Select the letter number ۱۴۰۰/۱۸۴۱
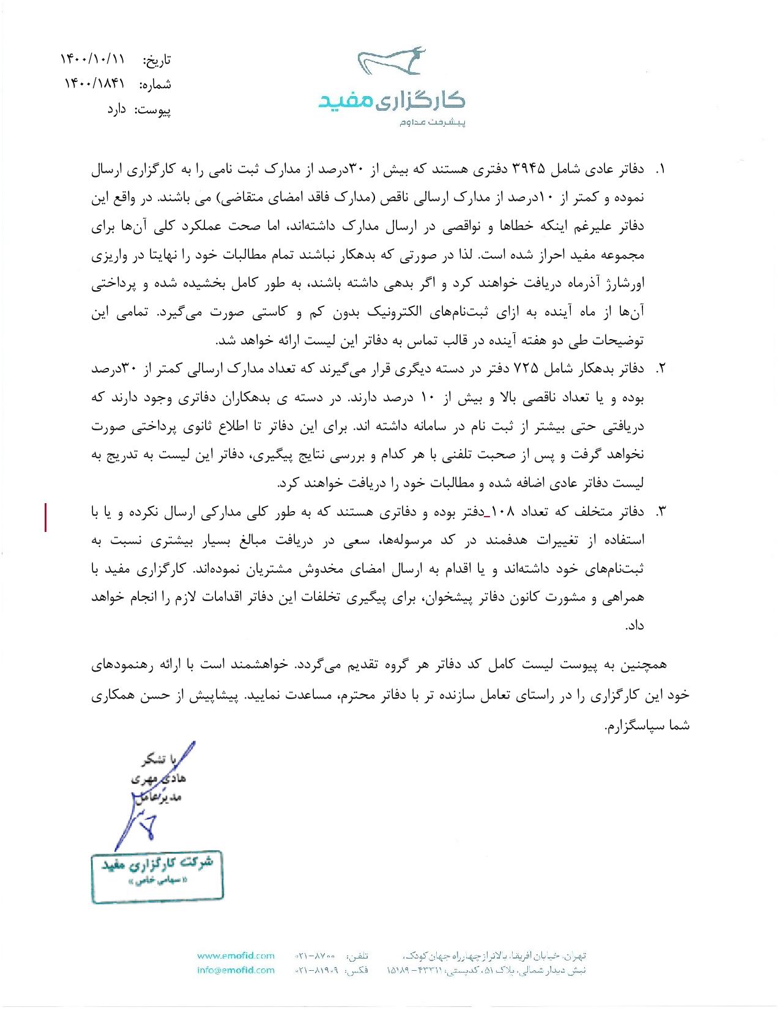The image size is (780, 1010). (95, 84)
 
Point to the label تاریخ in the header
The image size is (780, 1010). (157, 60)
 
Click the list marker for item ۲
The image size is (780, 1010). (661, 368)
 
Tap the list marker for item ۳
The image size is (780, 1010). (661, 511)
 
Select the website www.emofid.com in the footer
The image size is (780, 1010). (236, 956)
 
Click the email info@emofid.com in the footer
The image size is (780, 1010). (236, 970)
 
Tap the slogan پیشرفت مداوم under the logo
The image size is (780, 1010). (433, 122)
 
